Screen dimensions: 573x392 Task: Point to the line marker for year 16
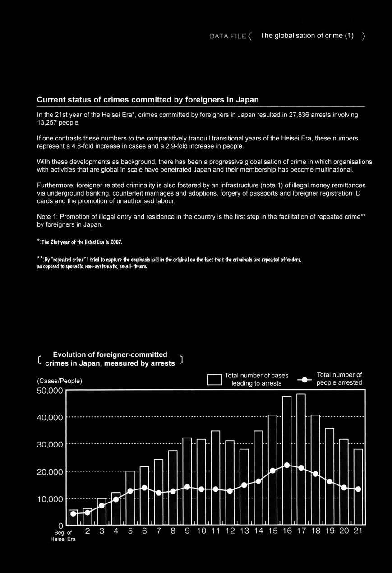tap(287, 465)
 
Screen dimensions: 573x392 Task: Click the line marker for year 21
tap(358, 489)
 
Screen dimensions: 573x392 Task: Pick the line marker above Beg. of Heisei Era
tap(73, 514)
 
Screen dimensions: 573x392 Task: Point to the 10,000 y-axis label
tap(50, 499)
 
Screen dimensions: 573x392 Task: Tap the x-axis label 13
tap(244, 531)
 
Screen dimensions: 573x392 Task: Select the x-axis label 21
tap(358, 531)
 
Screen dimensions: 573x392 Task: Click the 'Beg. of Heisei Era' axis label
tap(63, 536)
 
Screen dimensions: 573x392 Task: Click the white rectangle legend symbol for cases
tap(214, 380)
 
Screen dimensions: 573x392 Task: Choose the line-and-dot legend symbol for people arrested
tap(305, 380)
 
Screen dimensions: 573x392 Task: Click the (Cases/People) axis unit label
tap(59, 381)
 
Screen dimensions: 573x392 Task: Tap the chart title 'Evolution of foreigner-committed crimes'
tap(110, 359)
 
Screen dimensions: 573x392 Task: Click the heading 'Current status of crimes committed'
tap(148, 99)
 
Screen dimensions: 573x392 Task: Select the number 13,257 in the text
tap(46, 122)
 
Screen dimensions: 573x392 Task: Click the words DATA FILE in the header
tap(227, 36)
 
